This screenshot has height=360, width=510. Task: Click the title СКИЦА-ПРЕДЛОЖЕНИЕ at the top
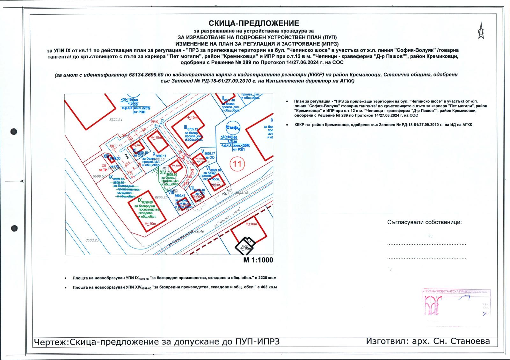coord(254,23)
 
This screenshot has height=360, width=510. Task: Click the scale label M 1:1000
coord(258,260)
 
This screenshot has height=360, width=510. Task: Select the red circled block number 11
coord(237,164)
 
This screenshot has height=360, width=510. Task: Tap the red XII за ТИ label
coord(104,168)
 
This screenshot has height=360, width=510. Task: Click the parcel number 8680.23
coord(92,241)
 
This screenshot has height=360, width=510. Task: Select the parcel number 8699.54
coord(116,120)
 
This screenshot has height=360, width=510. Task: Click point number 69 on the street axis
coord(153,121)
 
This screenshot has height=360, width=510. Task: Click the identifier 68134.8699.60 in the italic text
coord(146,75)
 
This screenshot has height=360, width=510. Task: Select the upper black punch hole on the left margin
coord(14,132)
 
